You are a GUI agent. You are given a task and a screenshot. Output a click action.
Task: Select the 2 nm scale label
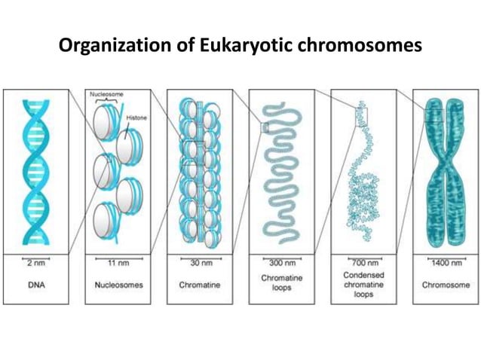(36, 264)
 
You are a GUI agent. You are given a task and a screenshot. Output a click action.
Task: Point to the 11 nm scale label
(118, 264)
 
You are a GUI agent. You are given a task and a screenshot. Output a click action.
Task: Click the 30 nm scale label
(200, 264)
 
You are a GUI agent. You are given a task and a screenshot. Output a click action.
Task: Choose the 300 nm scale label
(281, 264)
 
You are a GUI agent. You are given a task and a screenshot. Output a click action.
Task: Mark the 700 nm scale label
(363, 264)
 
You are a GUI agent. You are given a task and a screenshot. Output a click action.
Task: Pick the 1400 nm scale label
(445, 264)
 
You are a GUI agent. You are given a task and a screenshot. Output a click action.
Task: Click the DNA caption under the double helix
(36, 285)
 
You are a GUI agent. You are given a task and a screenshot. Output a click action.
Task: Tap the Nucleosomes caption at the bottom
(118, 285)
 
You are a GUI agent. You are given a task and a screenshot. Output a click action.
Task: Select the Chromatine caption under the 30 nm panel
(200, 285)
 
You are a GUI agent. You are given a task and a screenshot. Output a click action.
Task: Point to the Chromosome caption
(445, 285)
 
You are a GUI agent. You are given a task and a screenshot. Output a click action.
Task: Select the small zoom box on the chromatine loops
(265, 128)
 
